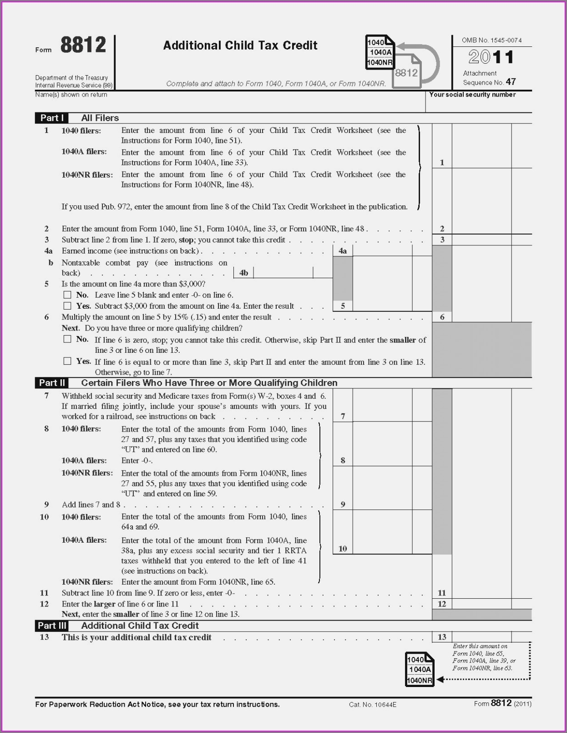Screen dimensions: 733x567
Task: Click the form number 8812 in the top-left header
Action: click(83, 46)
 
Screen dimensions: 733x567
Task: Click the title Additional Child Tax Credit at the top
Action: click(240, 46)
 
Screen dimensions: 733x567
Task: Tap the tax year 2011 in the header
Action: click(491, 57)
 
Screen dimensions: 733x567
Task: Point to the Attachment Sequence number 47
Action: click(511, 82)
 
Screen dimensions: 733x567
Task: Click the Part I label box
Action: click(52, 118)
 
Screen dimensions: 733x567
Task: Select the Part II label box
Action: click(52, 383)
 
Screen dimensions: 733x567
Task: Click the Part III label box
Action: click(52, 626)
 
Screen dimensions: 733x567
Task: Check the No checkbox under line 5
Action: click(67, 295)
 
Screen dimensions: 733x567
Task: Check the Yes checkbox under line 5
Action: click(67, 306)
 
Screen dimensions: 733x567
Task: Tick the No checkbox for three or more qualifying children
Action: click(67, 339)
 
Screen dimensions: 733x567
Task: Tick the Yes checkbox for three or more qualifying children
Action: click(67, 361)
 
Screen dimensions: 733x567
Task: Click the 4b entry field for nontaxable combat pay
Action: click(283, 272)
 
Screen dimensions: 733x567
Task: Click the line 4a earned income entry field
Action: click(382, 250)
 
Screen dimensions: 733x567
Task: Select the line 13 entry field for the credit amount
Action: click(481, 637)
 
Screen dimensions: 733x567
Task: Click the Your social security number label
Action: click(472, 95)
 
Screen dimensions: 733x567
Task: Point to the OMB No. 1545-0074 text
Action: click(491, 40)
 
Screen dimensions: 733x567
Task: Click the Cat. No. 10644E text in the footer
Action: click(373, 705)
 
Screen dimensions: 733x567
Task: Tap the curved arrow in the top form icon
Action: click(425, 59)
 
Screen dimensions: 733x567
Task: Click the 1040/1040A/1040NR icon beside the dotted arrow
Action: click(419, 669)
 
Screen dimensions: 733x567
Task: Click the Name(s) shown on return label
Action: click(71, 95)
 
